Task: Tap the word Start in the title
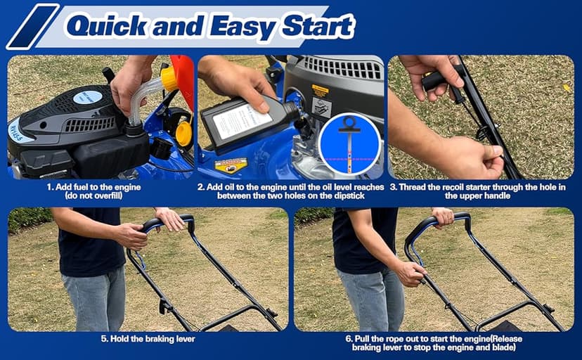[x=316, y=27]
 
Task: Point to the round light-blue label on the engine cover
[x=87, y=97]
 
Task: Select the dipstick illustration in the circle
[x=349, y=143]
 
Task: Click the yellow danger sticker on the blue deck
[x=231, y=165]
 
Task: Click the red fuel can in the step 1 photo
[x=184, y=70]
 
